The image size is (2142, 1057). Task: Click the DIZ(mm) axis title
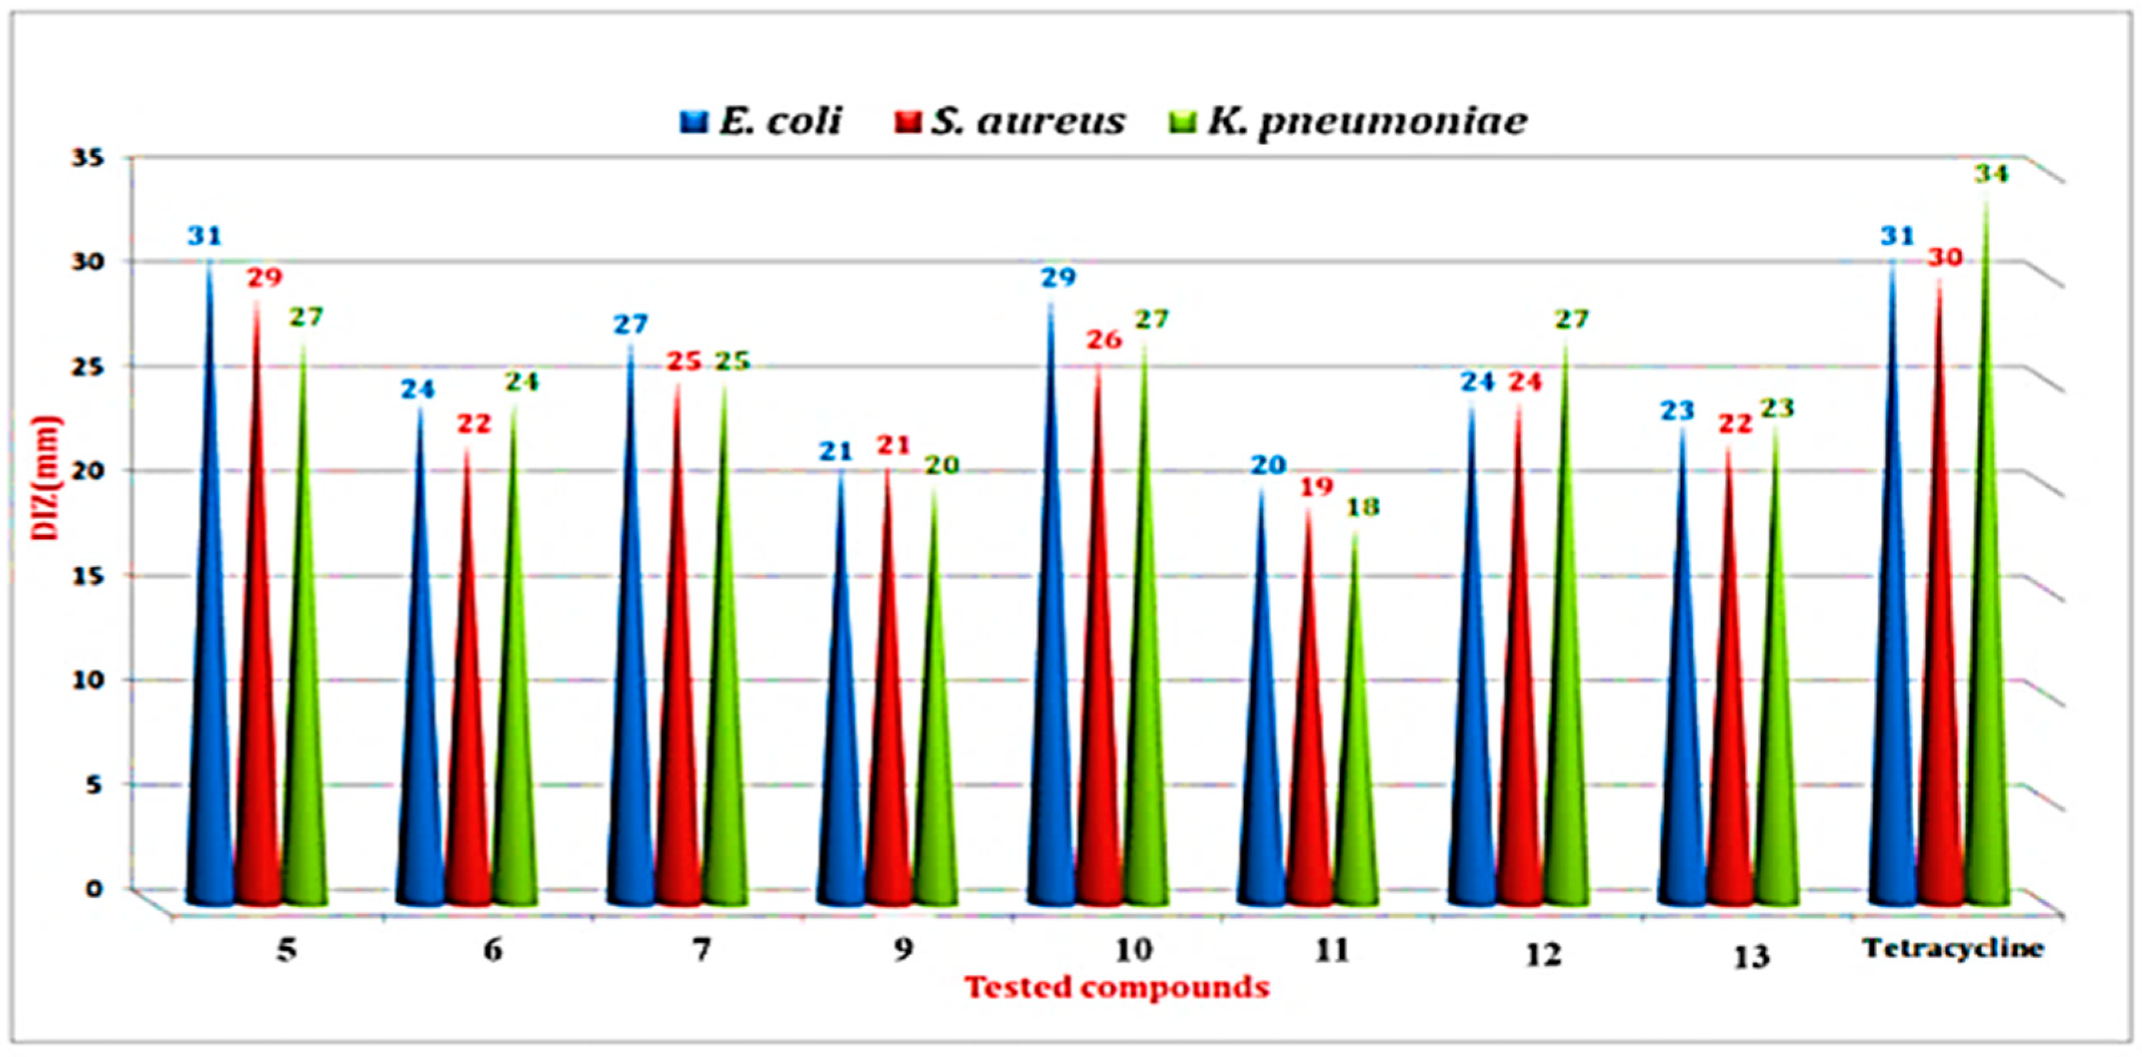pos(47,478)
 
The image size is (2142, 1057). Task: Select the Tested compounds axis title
pos(1117,988)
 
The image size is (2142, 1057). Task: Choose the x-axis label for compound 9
pos(904,949)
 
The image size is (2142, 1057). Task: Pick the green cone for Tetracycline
pos(1988,665)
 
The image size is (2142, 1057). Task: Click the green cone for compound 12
pos(1567,707)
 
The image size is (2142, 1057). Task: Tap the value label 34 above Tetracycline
pos(1991,175)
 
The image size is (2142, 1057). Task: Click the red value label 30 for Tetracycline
pos(1945,258)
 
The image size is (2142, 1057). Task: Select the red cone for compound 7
pos(679,707)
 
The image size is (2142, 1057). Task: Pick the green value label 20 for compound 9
pos(942,466)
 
